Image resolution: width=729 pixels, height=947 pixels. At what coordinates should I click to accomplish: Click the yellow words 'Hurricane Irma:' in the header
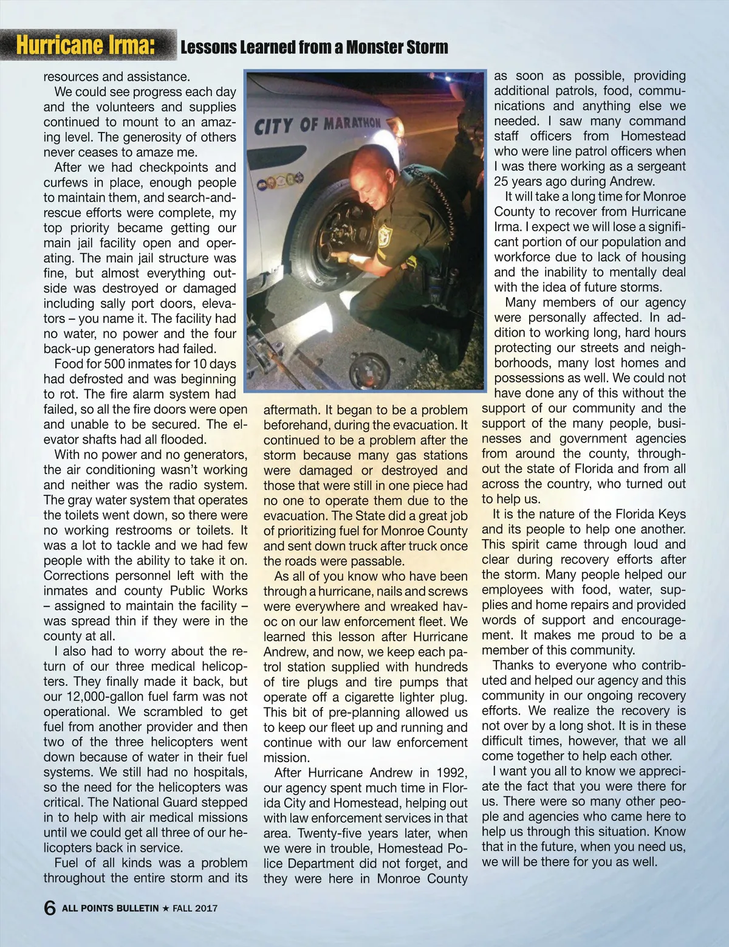pyautogui.click(x=85, y=46)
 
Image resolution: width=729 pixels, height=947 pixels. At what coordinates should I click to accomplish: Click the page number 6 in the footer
pyautogui.click(x=50, y=908)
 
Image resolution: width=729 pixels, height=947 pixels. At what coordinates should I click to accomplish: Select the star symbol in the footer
pyautogui.click(x=165, y=909)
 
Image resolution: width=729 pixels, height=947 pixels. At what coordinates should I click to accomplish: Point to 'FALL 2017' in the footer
pyautogui.click(x=195, y=909)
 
